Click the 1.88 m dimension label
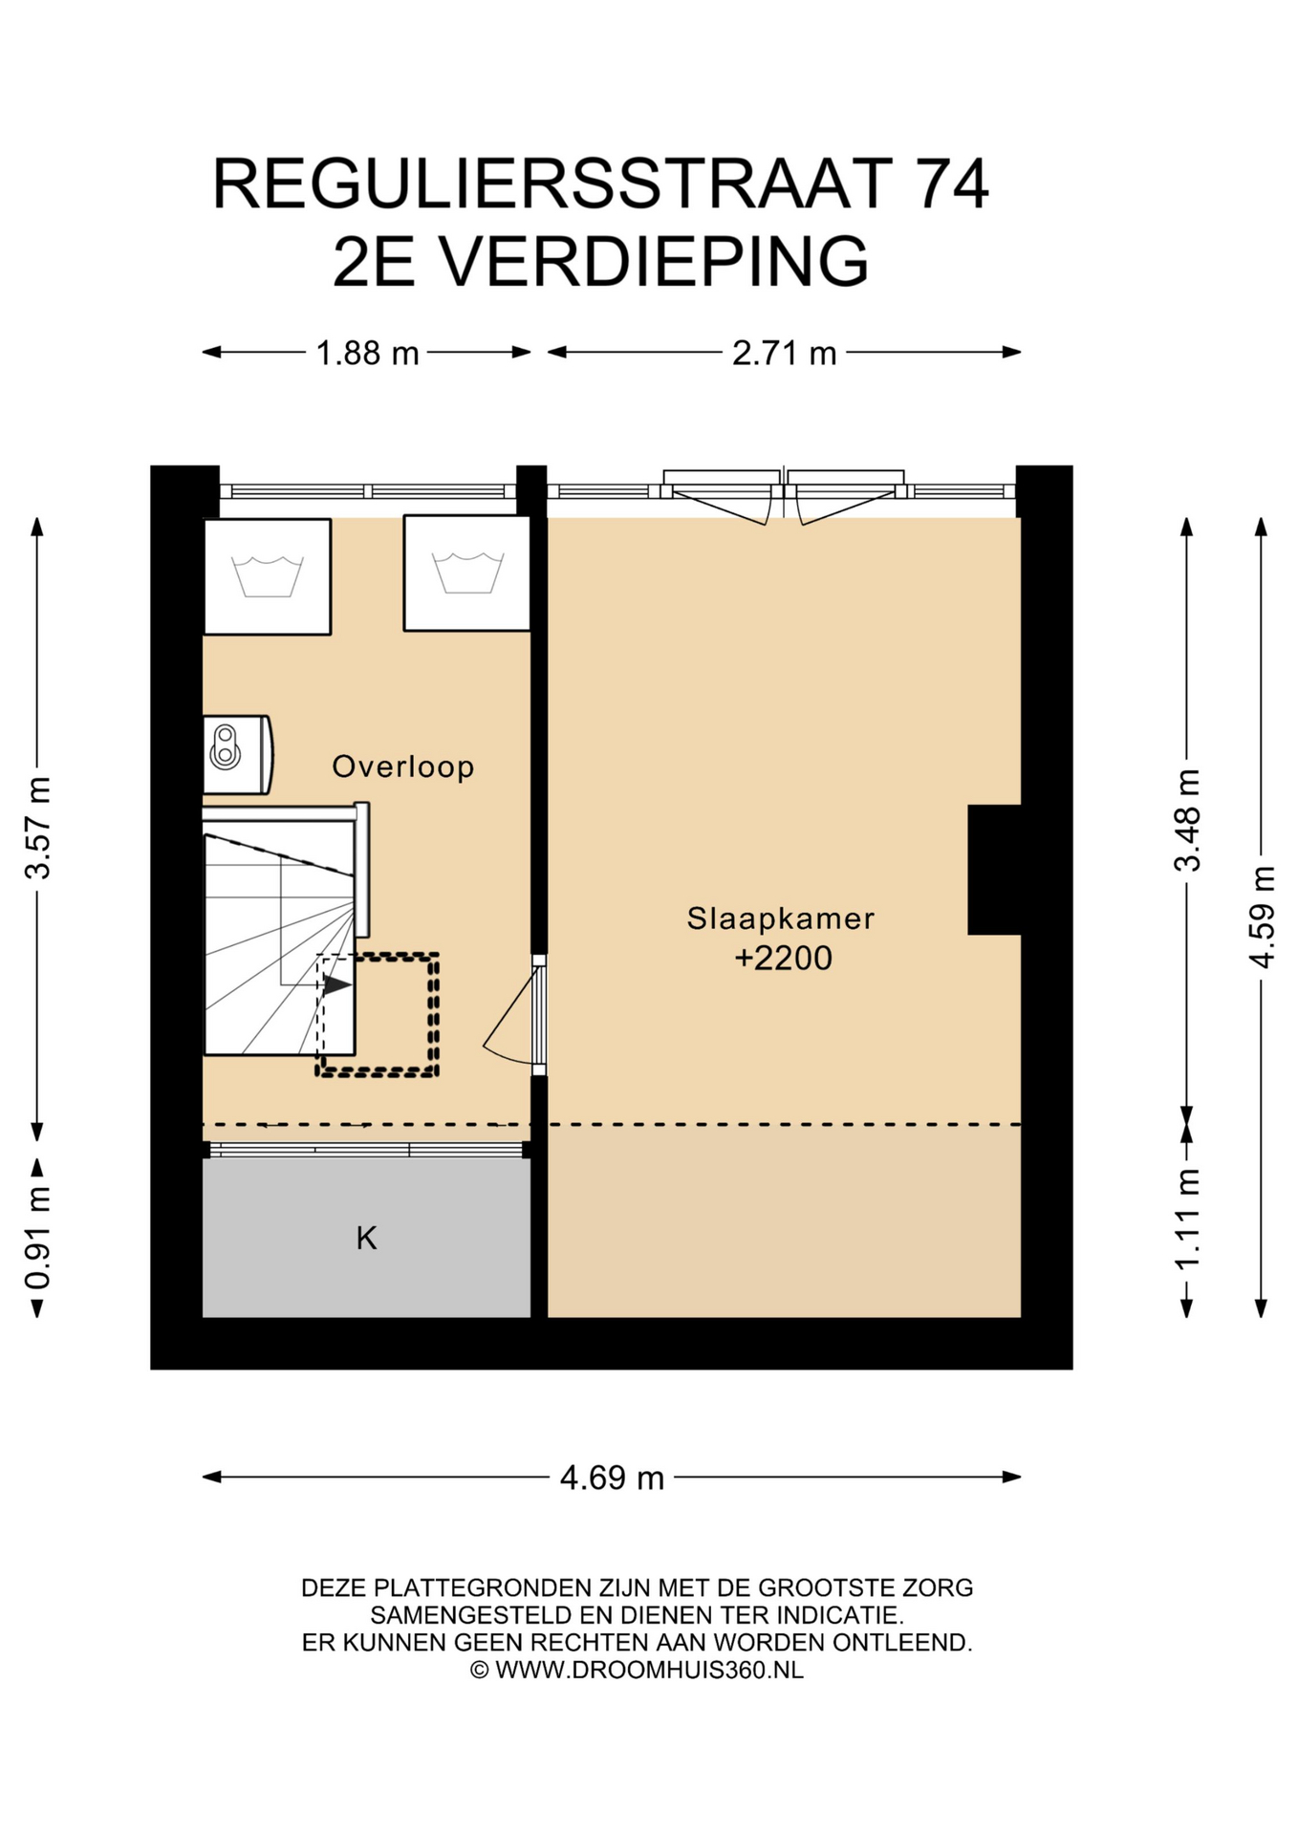click(x=367, y=354)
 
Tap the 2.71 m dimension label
click(x=784, y=354)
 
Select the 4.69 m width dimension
click(x=612, y=1478)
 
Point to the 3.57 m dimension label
click(x=38, y=828)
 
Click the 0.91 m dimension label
click(x=38, y=1238)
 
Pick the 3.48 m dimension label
click(x=1187, y=820)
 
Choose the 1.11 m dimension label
click(x=1187, y=1220)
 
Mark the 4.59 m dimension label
click(x=1262, y=917)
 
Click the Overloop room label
click(x=402, y=766)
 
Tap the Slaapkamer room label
click(x=781, y=918)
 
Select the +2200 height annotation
click(x=783, y=958)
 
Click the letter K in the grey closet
click(x=366, y=1239)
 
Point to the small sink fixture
click(x=237, y=755)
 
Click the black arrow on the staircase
click(x=336, y=984)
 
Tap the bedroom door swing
click(x=511, y=1019)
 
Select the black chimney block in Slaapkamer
click(x=994, y=870)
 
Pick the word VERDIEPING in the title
click(x=655, y=261)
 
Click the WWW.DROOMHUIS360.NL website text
click(x=649, y=1670)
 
